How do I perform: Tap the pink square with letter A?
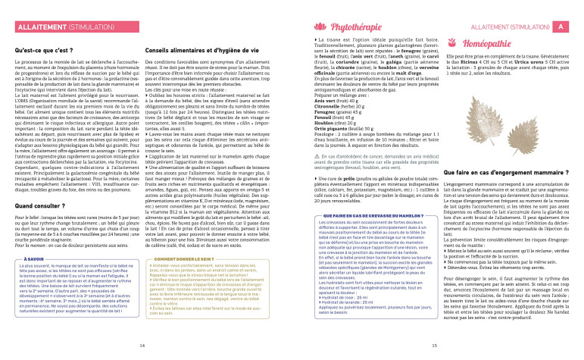[560, 27]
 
